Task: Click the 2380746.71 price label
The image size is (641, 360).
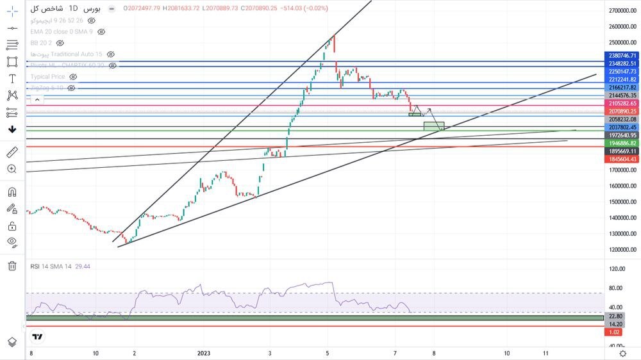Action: pyautogui.click(x=622, y=56)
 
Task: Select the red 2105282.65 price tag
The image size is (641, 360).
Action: pyautogui.click(x=622, y=103)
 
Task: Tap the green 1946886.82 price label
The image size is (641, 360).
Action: pyautogui.click(x=622, y=143)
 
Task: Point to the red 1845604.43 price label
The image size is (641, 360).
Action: pyautogui.click(x=622, y=159)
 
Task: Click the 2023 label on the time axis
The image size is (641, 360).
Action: pyautogui.click(x=204, y=353)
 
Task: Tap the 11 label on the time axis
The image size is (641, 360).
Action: pyautogui.click(x=546, y=353)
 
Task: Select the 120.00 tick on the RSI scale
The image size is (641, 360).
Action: pyautogui.click(x=617, y=269)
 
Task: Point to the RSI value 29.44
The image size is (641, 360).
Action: pyautogui.click(x=83, y=266)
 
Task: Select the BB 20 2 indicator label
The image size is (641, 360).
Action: pyautogui.click(x=42, y=43)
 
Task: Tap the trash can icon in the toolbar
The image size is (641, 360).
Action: pyautogui.click(x=12, y=266)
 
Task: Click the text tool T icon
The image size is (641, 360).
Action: pyautogui.click(x=12, y=79)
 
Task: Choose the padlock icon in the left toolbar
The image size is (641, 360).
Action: pyautogui.click(x=12, y=225)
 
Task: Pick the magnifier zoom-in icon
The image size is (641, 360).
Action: pyautogui.click(x=12, y=169)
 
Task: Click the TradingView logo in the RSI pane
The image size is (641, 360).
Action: pyautogui.click(x=38, y=337)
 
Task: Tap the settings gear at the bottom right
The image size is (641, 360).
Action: pyautogui.click(x=622, y=353)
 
